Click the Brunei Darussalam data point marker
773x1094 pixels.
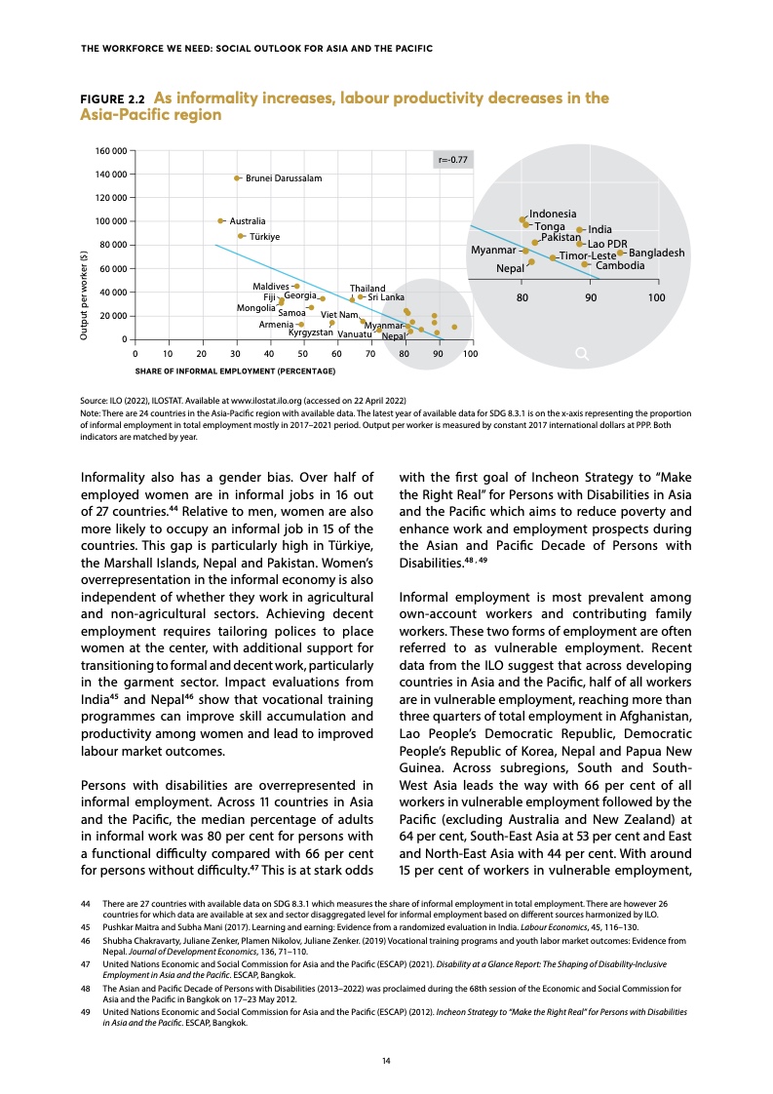[237, 178]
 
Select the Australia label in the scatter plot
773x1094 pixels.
[248, 221]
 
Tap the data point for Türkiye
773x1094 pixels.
[242, 236]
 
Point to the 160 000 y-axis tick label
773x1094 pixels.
[111, 151]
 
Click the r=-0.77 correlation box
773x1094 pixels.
[452, 159]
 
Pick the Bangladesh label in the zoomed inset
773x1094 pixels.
[657, 254]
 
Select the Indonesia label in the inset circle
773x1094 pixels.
[553, 214]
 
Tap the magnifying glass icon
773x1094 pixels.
[582, 354]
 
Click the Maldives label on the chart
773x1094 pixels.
[270, 286]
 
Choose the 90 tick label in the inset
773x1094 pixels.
[590, 296]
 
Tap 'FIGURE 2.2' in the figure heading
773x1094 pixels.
[111, 99]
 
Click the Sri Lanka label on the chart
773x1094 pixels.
[386, 296]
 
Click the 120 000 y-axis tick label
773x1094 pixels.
[111, 198]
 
